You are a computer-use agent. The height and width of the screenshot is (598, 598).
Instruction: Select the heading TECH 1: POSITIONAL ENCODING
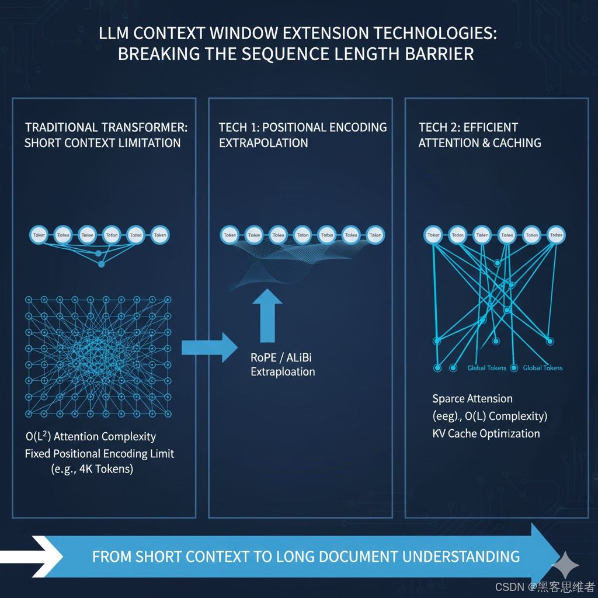(303, 127)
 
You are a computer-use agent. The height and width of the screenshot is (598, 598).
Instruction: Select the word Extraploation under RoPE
(283, 372)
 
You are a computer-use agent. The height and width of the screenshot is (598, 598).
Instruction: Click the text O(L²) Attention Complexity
(91, 436)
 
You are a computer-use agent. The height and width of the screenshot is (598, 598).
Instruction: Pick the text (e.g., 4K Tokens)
(92, 469)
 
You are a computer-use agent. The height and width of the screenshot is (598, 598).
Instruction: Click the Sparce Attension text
(472, 399)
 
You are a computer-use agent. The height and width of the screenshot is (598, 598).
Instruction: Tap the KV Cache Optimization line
(486, 433)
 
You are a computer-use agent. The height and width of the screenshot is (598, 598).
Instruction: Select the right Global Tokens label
(543, 368)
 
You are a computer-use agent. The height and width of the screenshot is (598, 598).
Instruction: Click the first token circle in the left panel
(39, 235)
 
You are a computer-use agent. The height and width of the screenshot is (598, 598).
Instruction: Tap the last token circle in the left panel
(159, 235)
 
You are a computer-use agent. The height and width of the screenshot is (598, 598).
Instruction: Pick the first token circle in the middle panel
(230, 235)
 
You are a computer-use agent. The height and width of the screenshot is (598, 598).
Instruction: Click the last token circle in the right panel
(556, 235)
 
